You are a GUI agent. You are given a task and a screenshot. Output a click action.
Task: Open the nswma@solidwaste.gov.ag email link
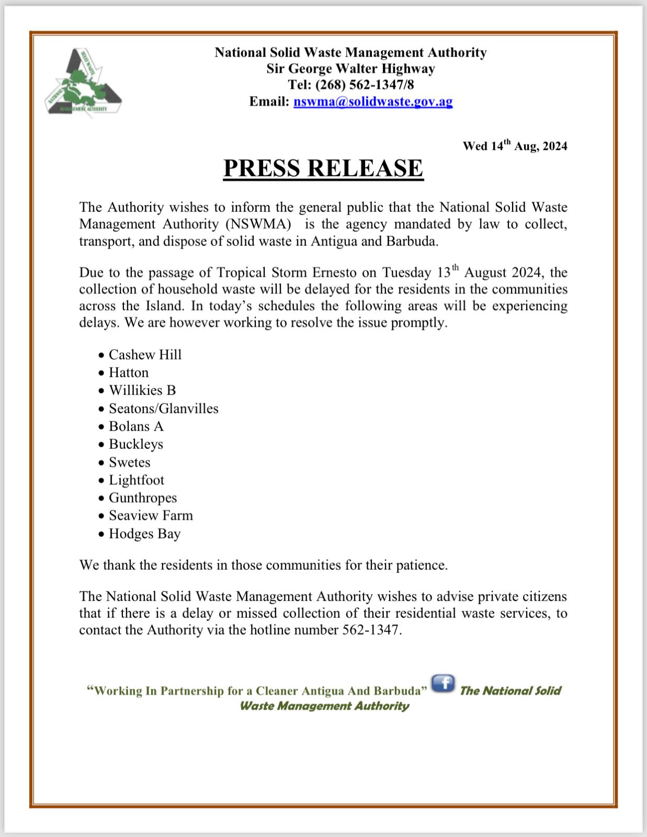coord(373,101)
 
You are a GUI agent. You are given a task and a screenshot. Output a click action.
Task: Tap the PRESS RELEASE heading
coord(323,168)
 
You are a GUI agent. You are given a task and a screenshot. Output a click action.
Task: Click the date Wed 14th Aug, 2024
coord(515,146)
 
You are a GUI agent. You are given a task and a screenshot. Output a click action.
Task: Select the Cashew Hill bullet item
coord(145,355)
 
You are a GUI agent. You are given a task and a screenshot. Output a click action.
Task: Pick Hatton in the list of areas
coord(129,372)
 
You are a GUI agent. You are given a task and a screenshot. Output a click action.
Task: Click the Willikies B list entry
coord(142,390)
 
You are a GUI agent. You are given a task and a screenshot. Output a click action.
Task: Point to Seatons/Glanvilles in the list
coord(163,409)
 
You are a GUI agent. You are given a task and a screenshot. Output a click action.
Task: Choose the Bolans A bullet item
coord(136,426)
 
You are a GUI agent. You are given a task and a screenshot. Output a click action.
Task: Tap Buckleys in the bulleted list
coord(136,444)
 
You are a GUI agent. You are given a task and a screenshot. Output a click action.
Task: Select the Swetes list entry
coord(129,462)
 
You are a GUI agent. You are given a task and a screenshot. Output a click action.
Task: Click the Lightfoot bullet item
coord(137,480)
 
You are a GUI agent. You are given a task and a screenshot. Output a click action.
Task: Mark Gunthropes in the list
coord(143,498)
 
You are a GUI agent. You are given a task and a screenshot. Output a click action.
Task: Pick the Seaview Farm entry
coord(151,516)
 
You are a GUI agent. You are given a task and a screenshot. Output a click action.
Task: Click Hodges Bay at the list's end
coord(144,534)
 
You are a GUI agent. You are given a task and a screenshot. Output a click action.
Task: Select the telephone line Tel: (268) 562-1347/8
coord(350,85)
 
